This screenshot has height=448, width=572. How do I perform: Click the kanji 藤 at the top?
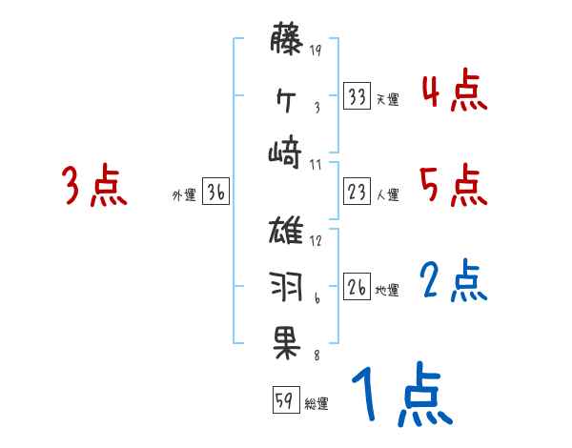[x=287, y=40]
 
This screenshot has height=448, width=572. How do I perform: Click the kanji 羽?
[x=287, y=285]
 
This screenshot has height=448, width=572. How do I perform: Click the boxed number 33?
[x=357, y=96]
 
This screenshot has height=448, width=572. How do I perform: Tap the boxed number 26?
[x=357, y=287]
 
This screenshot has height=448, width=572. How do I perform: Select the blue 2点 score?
[x=454, y=281]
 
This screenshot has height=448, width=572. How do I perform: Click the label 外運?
[x=184, y=194]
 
